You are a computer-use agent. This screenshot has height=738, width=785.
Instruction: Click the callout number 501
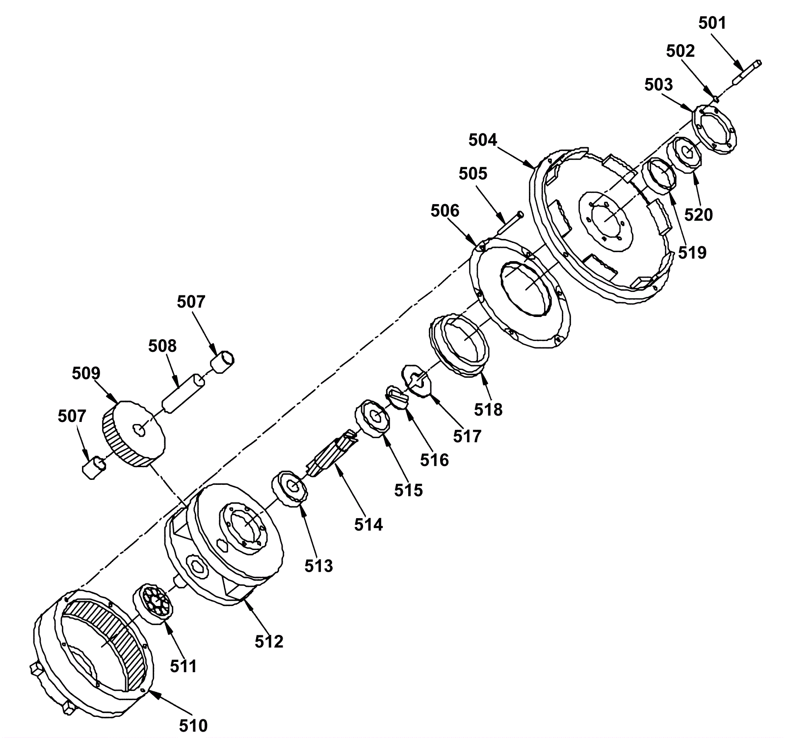[x=712, y=23]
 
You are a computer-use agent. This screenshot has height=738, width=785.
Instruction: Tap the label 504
[x=483, y=140]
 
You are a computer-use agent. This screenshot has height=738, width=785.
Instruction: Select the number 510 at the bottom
[x=193, y=725]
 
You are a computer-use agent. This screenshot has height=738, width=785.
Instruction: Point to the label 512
[x=269, y=641]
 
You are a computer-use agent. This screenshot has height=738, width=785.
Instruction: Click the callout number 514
[x=368, y=525]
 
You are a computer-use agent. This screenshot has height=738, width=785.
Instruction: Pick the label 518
[x=489, y=409]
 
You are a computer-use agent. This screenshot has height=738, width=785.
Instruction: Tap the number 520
[x=699, y=214]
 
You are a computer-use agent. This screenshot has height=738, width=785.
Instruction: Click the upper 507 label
[x=191, y=301]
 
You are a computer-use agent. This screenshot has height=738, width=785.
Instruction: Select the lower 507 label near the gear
[x=72, y=416]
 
